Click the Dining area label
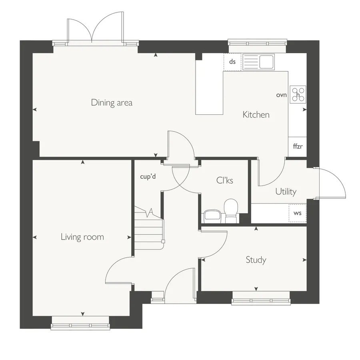(x=112, y=102)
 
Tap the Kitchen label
(x=256, y=114)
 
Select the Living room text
(x=82, y=237)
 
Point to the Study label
(x=256, y=260)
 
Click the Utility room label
(x=286, y=191)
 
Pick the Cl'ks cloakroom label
(x=224, y=180)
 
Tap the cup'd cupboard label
(x=148, y=176)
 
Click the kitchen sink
(x=258, y=62)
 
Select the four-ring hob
(x=298, y=94)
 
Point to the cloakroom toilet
(x=231, y=211)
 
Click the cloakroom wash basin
(x=213, y=216)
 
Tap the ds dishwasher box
(x=232, y=62)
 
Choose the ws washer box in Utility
(x=298, y=213)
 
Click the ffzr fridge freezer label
(x=298, y=146)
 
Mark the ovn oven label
(x=282, y=95)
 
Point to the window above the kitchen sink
(x=257, y=43)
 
